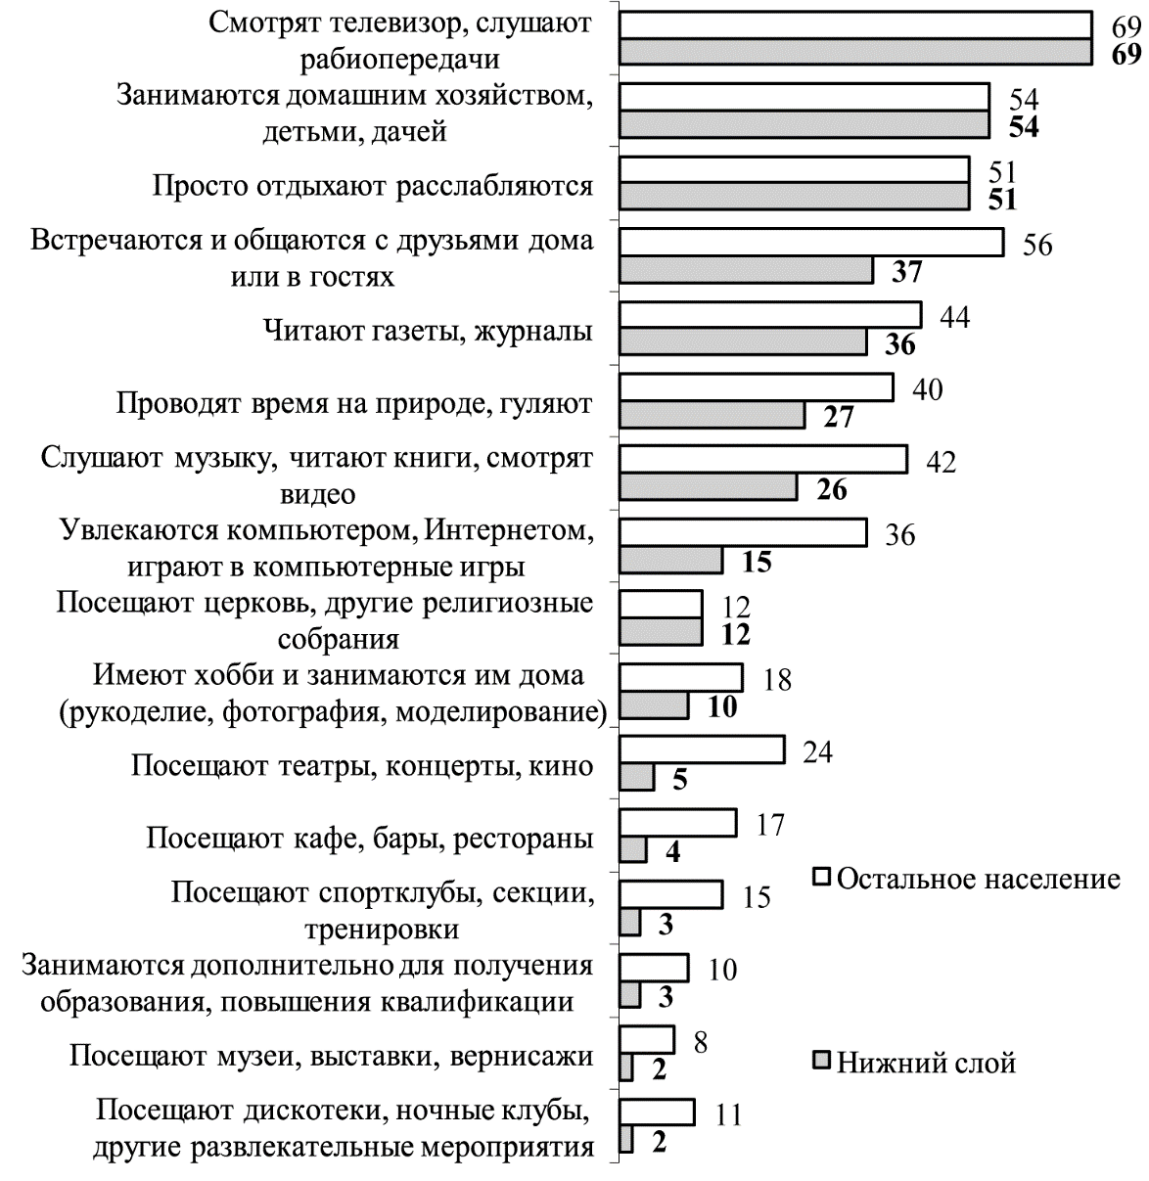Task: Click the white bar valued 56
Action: tap(811, 243)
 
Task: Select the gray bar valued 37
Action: tap(747, 270)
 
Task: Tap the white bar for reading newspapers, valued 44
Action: tap(770, 315)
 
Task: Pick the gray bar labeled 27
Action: tap(712, 415)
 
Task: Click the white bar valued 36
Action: tap(743, 533)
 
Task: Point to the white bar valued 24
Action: tap(702, 750)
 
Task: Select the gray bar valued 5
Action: tap(637, 778)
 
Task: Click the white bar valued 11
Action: tap(657, 1113)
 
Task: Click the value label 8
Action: tap(700, 1041)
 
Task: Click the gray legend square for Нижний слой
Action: tap(823, 1061)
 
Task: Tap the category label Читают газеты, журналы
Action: tap(428, 331)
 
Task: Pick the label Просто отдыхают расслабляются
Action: tap(373, 186)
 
